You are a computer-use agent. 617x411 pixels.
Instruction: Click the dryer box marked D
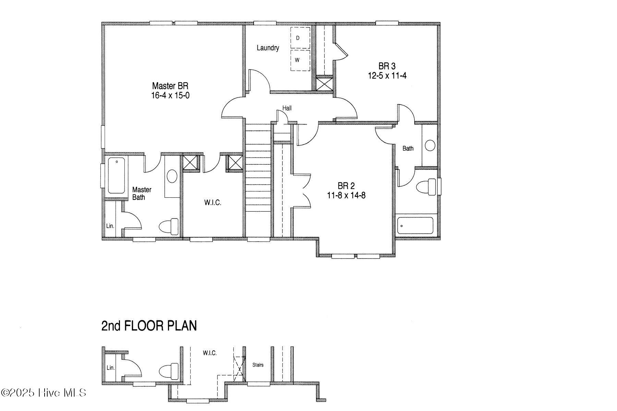click(300, 38)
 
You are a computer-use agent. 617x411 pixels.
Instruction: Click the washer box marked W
click(300, 60)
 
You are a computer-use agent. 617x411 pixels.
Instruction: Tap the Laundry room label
click(268, 48)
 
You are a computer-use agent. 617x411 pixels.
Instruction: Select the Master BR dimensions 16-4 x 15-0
click(170, 96)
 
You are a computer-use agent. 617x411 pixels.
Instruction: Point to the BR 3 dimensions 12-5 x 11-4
click(387, 76)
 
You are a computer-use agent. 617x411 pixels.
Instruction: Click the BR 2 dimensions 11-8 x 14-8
click(346, 196)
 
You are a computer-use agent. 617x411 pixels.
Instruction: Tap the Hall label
click(287, 108)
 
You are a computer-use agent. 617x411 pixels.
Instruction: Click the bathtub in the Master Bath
click(117, 176)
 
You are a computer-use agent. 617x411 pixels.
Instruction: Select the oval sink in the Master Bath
click(172, 177)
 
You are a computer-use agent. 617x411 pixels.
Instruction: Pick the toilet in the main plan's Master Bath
click(169, 227)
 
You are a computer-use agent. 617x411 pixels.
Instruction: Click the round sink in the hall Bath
click(430, 145)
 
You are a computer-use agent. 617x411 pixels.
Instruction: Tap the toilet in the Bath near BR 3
click(425, 188)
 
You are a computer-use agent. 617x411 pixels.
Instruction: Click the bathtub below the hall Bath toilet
click(415, 225)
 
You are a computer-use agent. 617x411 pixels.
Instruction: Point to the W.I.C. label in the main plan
click(213, 203)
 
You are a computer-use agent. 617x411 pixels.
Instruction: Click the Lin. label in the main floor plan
click(110, 226)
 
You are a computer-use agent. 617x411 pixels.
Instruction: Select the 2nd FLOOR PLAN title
click(149, 326)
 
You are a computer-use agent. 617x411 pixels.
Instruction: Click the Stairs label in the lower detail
click(258, 365)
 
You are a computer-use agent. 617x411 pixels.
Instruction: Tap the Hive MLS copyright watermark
click(44, 393)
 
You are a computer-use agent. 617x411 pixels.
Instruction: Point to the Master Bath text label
click(142, 194)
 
